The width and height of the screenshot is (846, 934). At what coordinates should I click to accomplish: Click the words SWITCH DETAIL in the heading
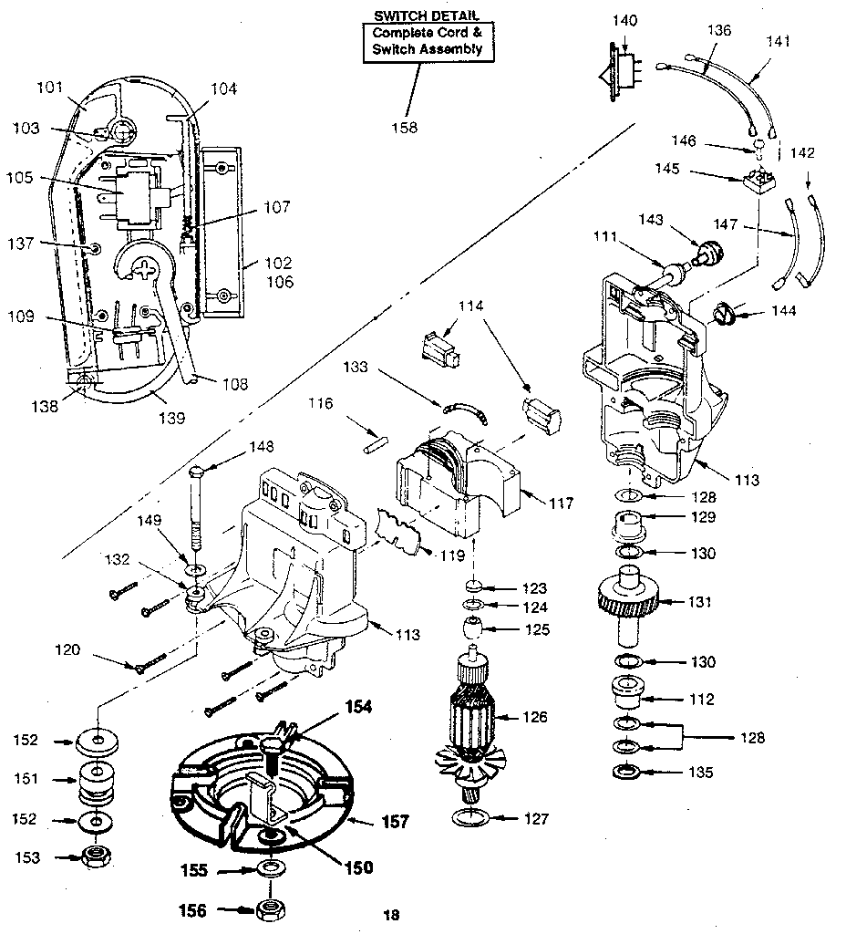click(427, 16)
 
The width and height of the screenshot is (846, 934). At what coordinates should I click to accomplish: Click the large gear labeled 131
click(630, 601)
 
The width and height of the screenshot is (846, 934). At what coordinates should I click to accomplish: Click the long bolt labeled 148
click(198, 511)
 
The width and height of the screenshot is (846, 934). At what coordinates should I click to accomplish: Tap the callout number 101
click(49, 88)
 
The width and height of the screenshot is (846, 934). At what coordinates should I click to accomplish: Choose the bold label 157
click(394, 822)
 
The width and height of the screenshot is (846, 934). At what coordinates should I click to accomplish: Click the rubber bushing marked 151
click(97, 781)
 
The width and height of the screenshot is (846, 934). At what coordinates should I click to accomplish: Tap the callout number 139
click(170, 418)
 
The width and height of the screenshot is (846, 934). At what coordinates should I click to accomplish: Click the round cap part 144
click(724, 317)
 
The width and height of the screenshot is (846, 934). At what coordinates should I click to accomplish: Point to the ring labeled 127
click(471, 816)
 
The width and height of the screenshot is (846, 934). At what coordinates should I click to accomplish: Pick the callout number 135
click(700, 773)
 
